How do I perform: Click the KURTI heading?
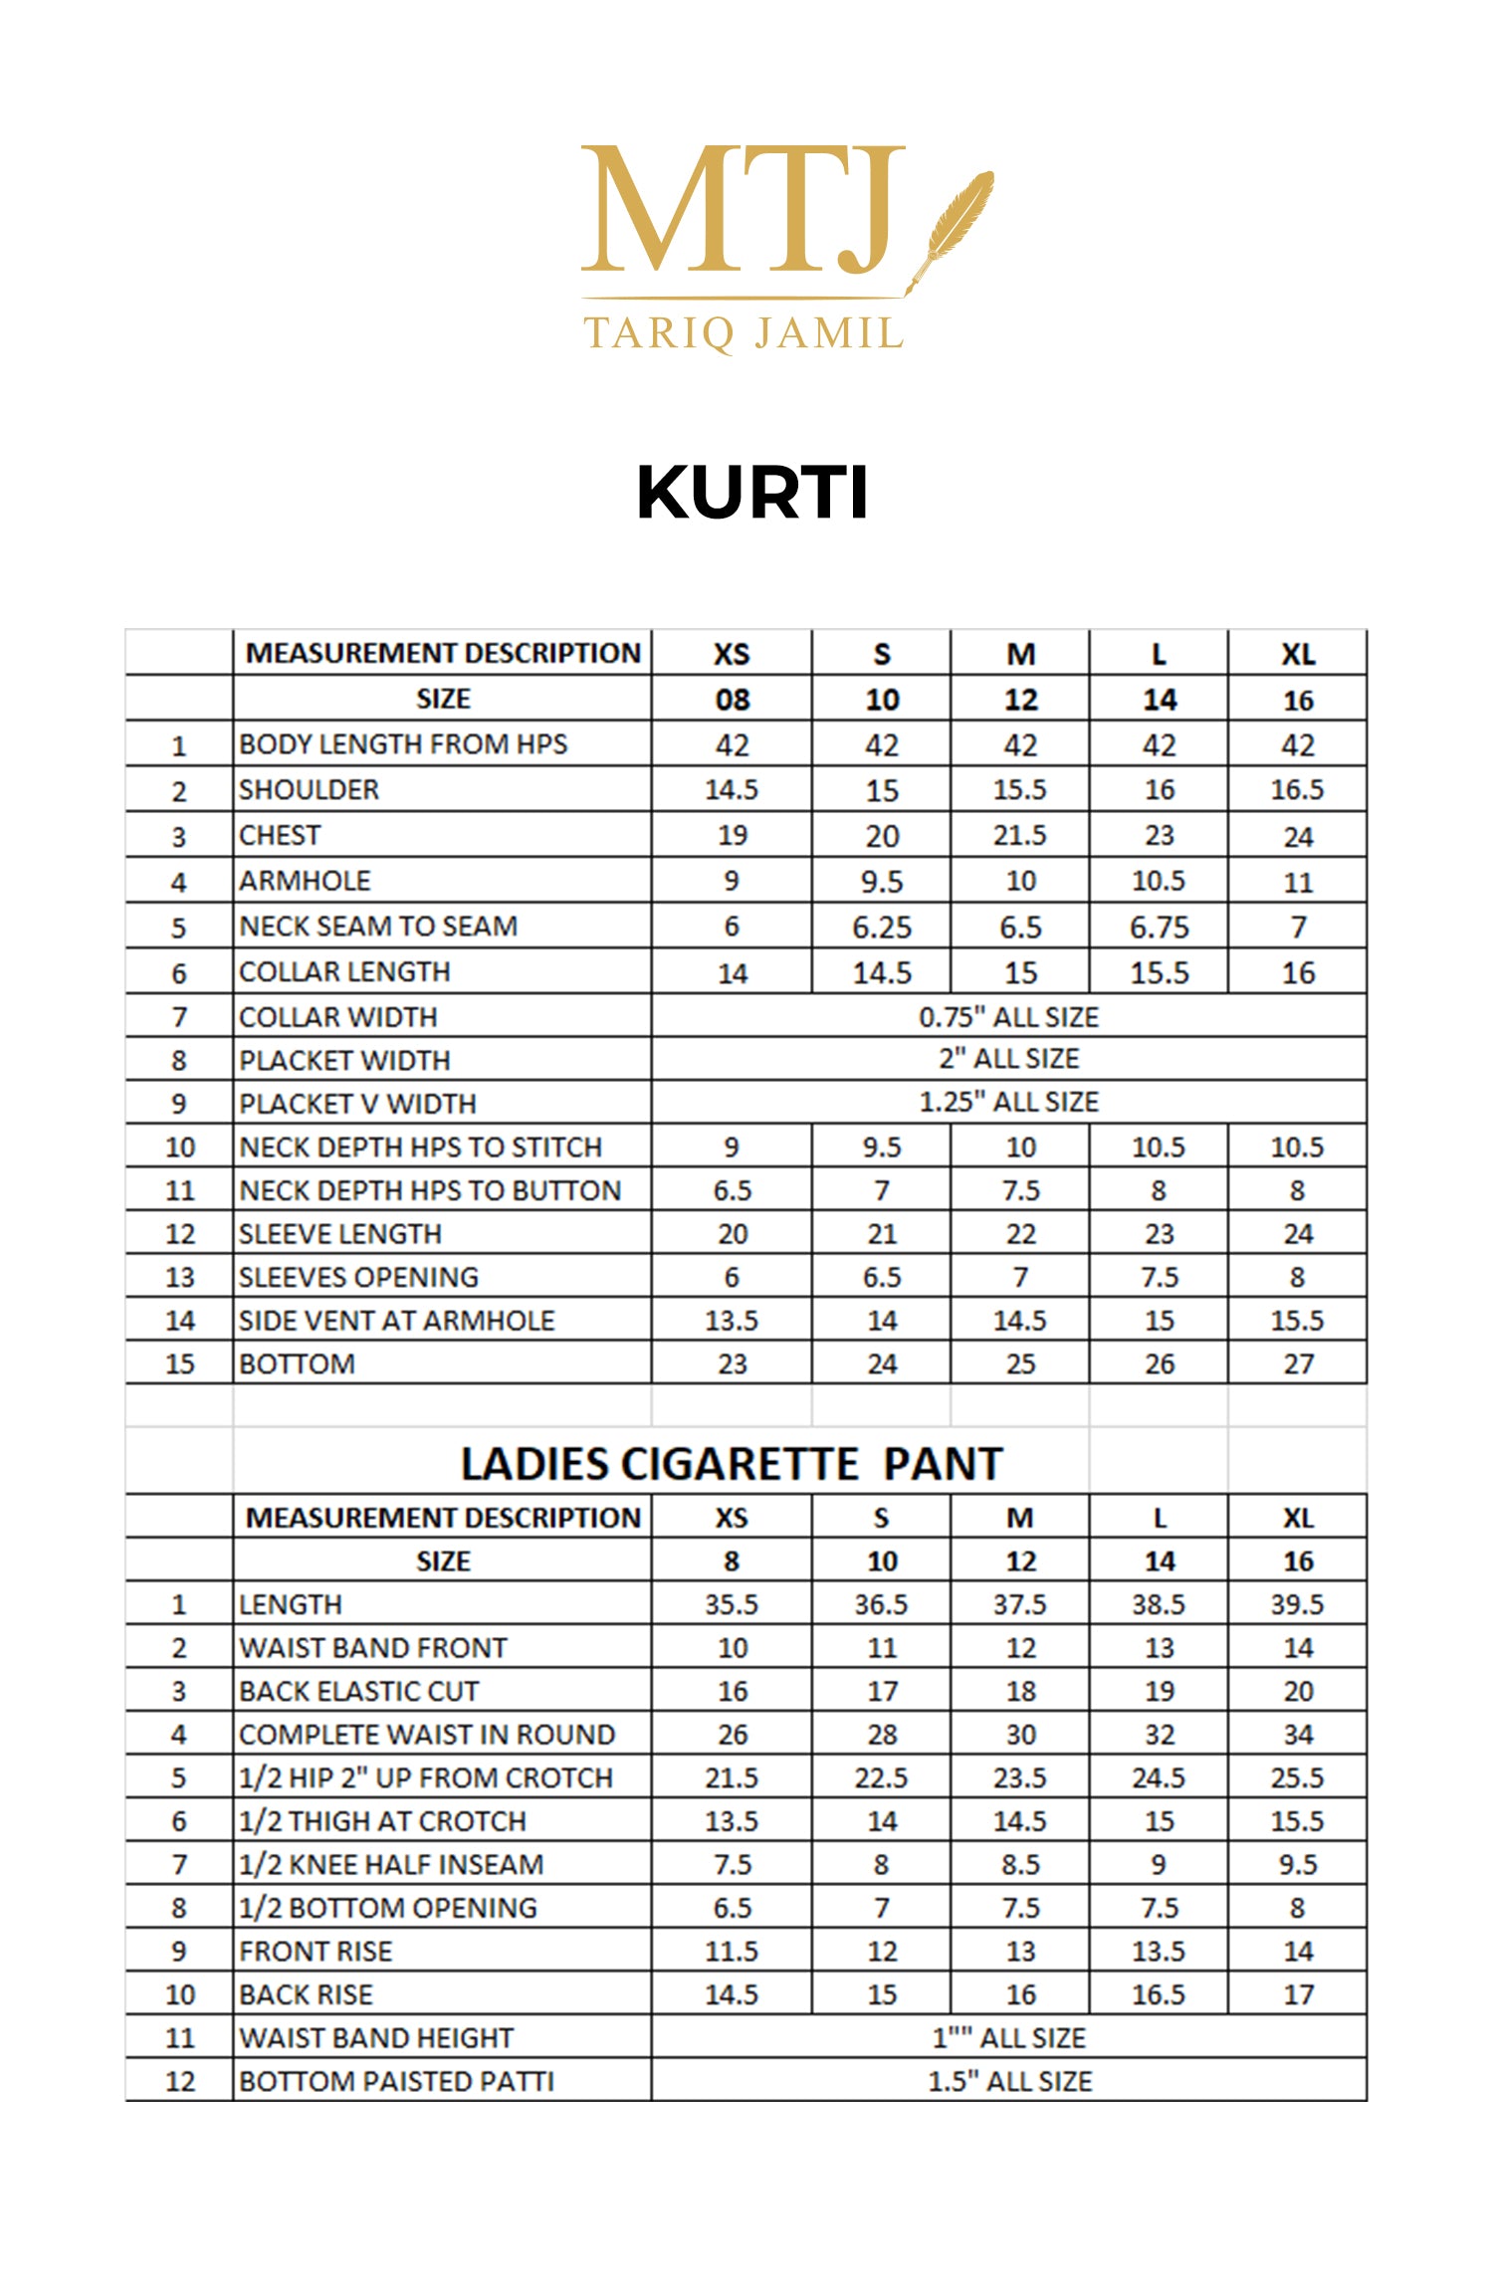(x=752, y=493)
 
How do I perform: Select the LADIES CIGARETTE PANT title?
(x=732, y=1464)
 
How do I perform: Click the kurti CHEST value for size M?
(x=1020, y=835)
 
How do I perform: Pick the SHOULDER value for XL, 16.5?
(x=1297, y=790)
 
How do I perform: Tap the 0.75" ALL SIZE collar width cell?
(x=1008, y=1017)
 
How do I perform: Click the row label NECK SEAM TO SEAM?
(x=378, y=927)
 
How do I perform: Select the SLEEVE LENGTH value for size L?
(x=1159, y=1234)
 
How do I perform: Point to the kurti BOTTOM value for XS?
(x=732, y=1363)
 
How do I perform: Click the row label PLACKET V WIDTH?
(x=357, y=1104)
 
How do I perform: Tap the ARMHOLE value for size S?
(x=881, y=882)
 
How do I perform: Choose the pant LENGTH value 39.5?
(x=1297, y=1604)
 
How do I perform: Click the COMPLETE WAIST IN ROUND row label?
(x=427, y=1735)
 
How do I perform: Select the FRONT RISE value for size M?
(x=1020, y=1952)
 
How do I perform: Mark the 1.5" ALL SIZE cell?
(x=1009, y=2081)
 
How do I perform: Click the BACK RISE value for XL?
(x=1297, y=1994)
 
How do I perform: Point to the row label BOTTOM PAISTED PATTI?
(x=396, y=2081)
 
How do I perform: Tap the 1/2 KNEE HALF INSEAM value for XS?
(x=732, y=1864)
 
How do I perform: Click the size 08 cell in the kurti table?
(x=732, y=700)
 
